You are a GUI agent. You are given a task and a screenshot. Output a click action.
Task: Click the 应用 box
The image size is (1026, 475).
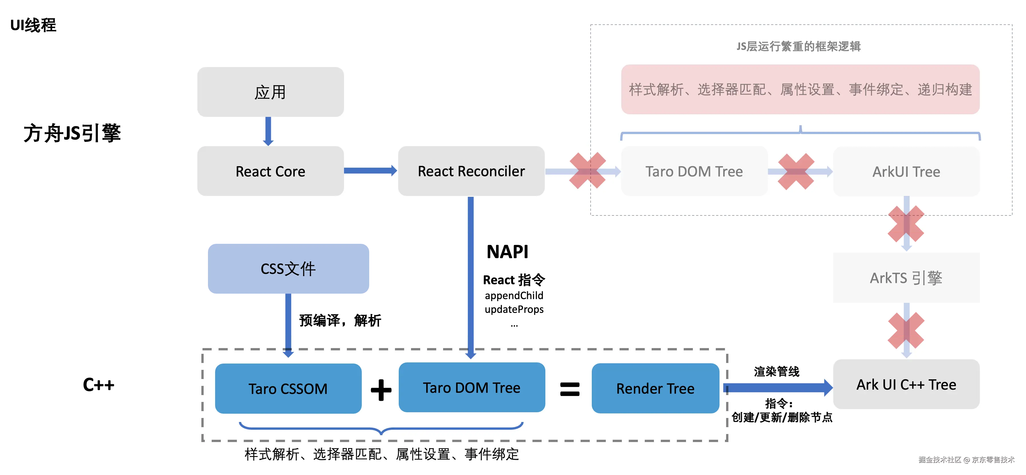[270, 92]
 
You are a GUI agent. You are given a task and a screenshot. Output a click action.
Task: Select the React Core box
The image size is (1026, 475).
[270, 171]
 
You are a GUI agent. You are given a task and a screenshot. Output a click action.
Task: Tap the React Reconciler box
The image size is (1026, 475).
[471, 171]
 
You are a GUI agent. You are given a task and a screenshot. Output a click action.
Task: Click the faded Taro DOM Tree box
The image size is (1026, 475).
[694, 171]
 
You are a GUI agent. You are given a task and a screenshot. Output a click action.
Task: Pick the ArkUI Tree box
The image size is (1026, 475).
[906, 171]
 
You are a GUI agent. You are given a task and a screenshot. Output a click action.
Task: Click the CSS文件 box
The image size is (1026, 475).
[288, 269]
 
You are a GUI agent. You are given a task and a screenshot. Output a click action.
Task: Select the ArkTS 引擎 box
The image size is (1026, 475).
[906, 278]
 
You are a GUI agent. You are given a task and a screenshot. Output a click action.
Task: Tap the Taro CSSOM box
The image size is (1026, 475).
[288, 388]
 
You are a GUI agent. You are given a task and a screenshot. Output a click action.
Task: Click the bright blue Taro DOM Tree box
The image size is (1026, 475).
[471, 387]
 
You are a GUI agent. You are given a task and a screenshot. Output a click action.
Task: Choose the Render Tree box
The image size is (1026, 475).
[655, 388]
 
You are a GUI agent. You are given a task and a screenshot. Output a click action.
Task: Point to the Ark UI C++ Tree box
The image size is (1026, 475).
[906, 384]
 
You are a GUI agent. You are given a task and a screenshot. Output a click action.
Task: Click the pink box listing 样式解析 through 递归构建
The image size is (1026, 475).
[800, 90]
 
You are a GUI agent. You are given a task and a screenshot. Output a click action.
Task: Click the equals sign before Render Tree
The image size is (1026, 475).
[569, 389]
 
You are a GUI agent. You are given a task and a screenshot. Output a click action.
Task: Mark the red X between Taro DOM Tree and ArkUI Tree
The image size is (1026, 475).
[796, 171]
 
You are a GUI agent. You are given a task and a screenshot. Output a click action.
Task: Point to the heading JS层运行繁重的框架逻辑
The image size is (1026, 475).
[798, 47]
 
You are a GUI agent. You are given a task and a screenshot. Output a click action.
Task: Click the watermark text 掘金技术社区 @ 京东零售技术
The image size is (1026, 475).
[966, 460]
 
